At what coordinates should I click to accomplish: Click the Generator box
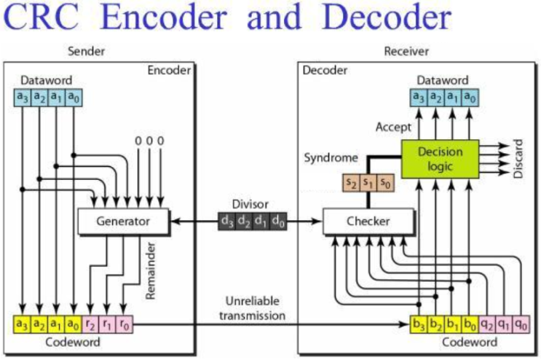tap(123, 220)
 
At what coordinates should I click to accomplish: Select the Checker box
tap(368, 220)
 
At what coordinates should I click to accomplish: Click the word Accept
tap(388, 125)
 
